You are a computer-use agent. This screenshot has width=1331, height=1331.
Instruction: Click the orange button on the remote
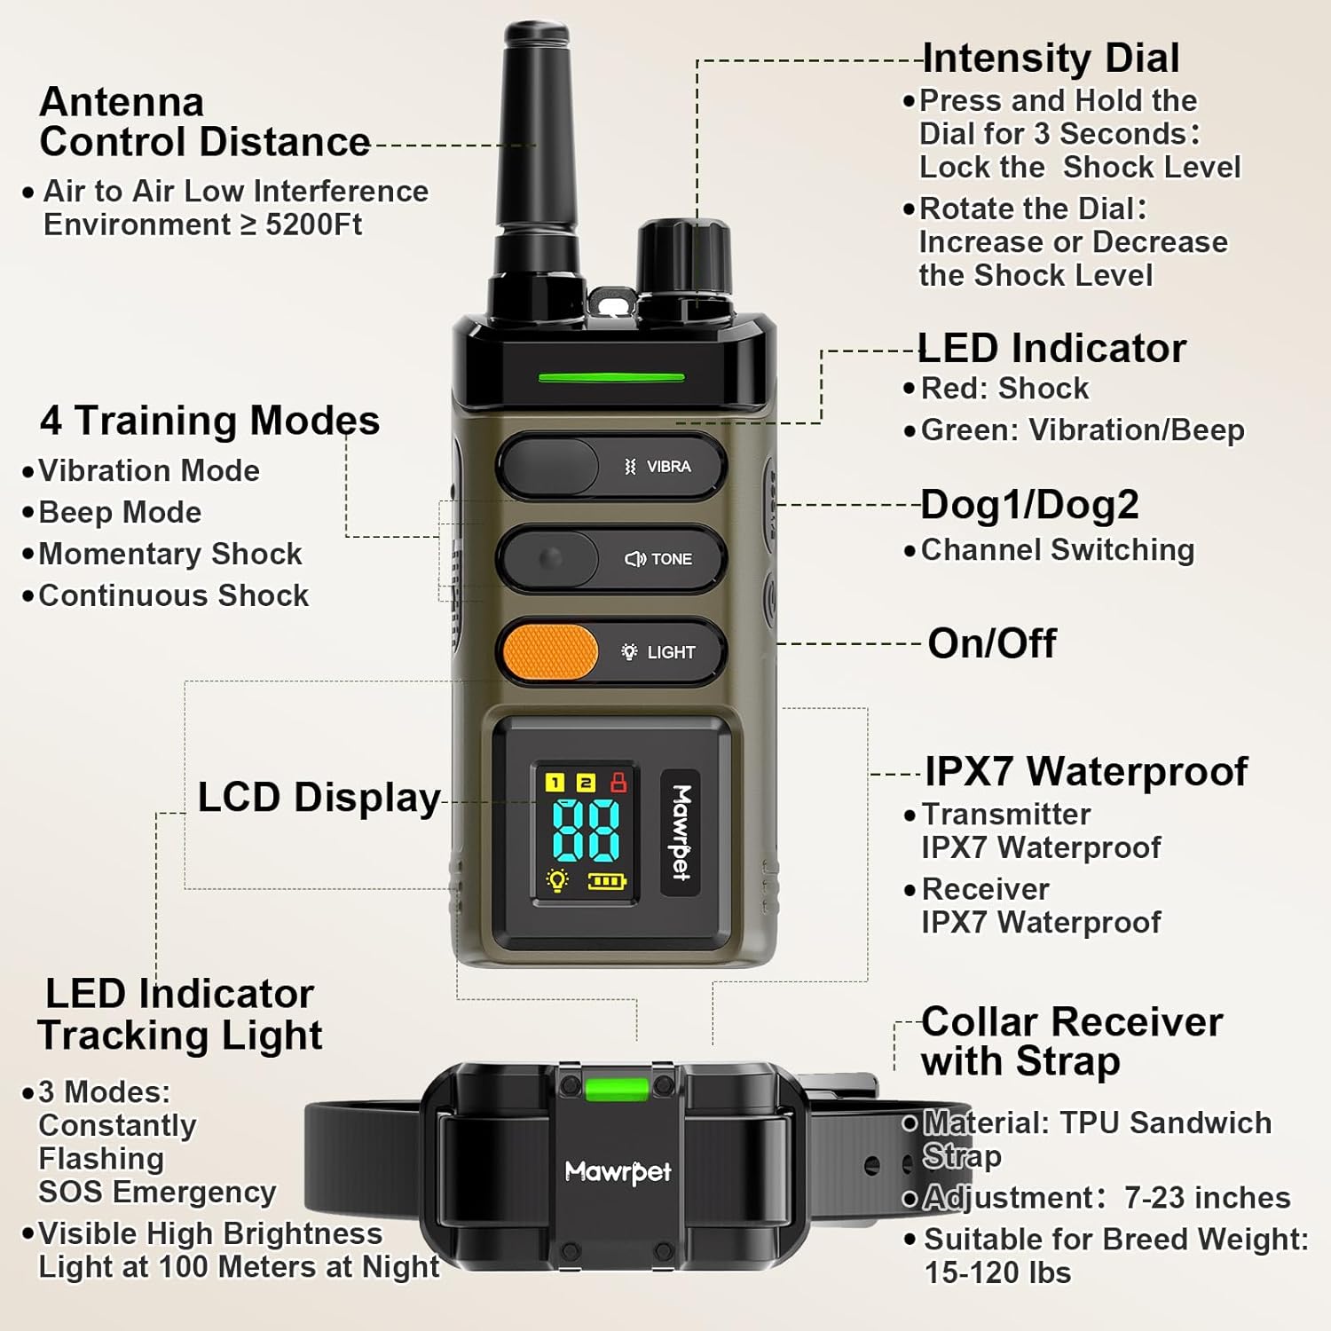coord(550,652)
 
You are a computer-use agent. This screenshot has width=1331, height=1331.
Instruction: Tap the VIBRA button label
coord(658,467)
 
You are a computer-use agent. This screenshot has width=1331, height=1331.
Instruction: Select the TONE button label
coord(658,559)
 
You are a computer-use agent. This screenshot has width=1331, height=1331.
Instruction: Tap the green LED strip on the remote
coord(611,377)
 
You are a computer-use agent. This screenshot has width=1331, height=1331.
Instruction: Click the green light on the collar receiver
coord(617,1088)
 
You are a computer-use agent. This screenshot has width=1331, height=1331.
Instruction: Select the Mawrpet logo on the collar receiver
coord(618,1172)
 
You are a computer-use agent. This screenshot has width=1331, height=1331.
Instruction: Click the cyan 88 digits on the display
coord(586,830)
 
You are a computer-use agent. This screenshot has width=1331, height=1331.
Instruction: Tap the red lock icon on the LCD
coord(618,782)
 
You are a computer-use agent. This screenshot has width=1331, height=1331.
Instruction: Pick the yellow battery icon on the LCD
coord(608,881)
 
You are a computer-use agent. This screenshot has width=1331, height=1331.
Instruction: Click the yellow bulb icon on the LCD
coord(557,880)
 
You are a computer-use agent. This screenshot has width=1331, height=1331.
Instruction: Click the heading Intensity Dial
coord(1051,59)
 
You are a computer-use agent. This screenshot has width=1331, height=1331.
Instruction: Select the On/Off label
coord(992,643)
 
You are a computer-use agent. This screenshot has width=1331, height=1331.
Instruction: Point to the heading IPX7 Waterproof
coord(1086,771)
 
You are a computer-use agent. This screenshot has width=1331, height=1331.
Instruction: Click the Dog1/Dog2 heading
coord(1030,505)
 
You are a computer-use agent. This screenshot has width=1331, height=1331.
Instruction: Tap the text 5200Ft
coord(314,224)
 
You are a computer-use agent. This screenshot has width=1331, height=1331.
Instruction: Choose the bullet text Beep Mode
coord(120,512)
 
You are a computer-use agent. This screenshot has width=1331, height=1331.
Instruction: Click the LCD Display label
coord(319,798)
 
